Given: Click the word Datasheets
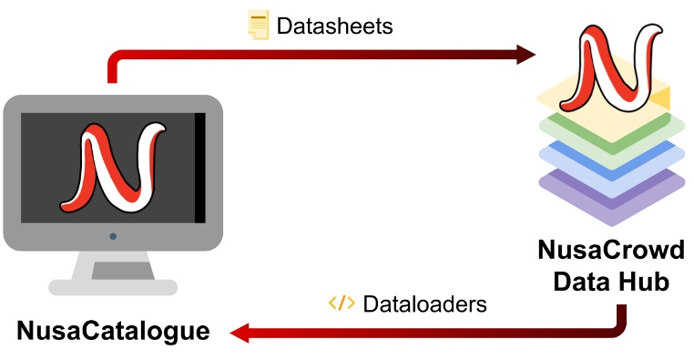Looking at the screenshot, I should point(334,26).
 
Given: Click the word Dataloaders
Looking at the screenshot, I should point(424,303).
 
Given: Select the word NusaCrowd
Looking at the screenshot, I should point(610,250).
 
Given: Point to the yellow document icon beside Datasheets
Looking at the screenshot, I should point(259,25).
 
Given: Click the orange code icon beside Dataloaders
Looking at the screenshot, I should point(342,303).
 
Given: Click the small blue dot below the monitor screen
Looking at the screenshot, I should point(113,236).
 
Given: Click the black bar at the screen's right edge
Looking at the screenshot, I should point(199,167).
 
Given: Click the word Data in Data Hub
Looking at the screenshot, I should point(580,282).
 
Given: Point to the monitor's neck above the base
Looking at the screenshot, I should point(112,264).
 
